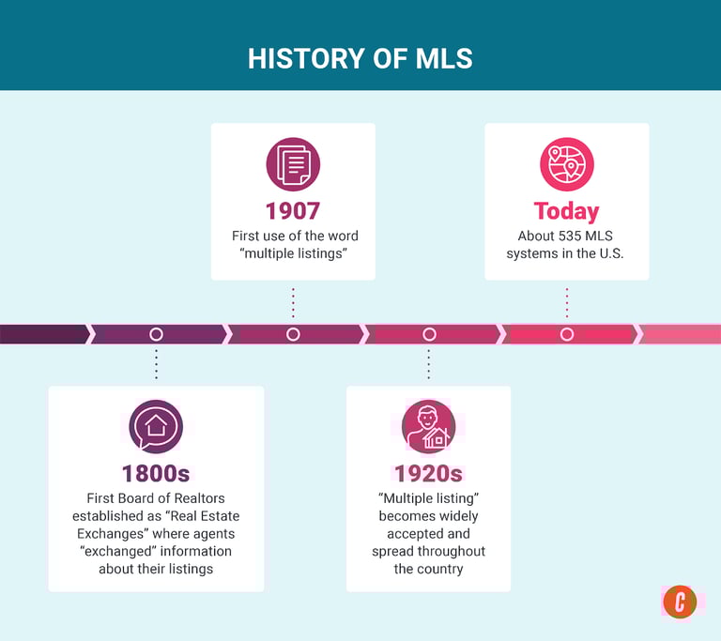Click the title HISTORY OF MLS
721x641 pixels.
(360, 59)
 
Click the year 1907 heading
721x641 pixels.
(293, 209)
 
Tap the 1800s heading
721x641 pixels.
(156, 473)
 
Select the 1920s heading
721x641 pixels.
(428, 473)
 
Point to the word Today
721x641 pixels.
(566, 211)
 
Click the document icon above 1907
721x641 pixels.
(293, 164)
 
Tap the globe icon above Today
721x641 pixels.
(566, 164)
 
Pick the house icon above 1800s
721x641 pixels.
(156, 427)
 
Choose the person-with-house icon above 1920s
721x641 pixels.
(428, 427)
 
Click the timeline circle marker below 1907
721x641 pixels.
(293, 334)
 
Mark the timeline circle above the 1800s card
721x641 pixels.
(156, 334)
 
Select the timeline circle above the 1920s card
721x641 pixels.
(429, 334)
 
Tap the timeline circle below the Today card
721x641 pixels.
(566, 334)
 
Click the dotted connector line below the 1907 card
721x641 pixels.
(293, 302)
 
